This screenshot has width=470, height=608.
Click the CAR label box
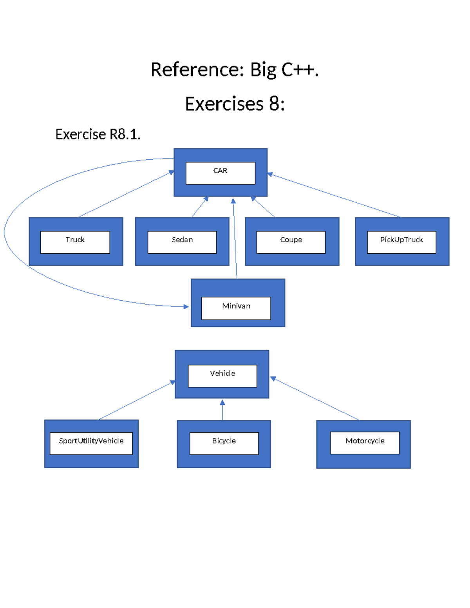click(x=220, y=173)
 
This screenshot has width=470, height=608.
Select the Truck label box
click(x=75, y=242)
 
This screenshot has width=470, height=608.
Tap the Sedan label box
click(x=182, y=242)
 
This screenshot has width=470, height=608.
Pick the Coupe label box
click(x=291, y=242)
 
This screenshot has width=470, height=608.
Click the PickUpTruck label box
click(x=401, y=242)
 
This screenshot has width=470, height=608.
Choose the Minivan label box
click(x=236, y=308)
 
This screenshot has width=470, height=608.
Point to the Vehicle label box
click(x=222, y=376)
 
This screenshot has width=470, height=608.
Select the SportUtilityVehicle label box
click(x=91, y=443)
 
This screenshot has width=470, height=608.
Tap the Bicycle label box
click(x=224, y=443)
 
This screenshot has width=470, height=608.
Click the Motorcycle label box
click(x=365, y=443)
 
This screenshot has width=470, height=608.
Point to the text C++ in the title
click(x=300, y=70)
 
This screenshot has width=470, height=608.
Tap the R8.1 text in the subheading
click(x=125, y=134)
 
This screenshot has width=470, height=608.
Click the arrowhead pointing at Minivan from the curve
click(x=186, y=307)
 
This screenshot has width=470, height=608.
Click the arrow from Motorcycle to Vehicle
click(x=315, y=399)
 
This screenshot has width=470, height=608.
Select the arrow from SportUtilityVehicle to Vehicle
click(x=135, y=401)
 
